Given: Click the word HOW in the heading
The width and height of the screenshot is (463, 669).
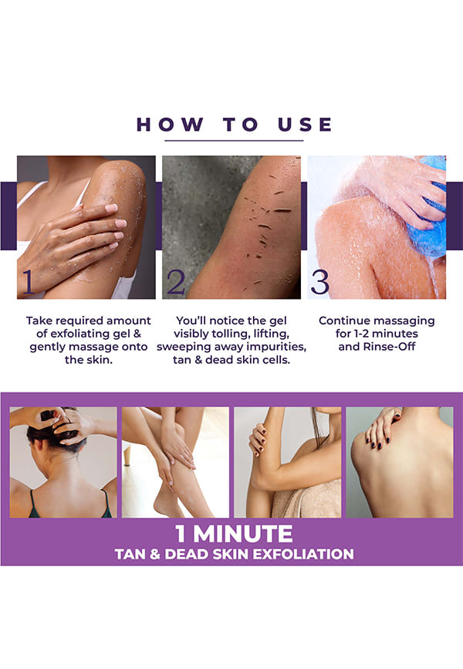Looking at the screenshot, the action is pyautogui.click(x=170, y=124).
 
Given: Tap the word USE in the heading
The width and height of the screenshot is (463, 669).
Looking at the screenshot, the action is pyautogui.click(x=304, y=124).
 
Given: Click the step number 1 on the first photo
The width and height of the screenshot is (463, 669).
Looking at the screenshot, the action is pyautogui.click(x=28, y=282).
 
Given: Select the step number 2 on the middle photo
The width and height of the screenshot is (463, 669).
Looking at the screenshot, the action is pyautogui.click(x=176, y=282).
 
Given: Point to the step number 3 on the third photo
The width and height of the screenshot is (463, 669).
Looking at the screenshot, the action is pyautogui.click(x=319, y=282).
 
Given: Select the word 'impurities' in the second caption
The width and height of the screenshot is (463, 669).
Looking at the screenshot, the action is pyautogui.click(x=275, y=347).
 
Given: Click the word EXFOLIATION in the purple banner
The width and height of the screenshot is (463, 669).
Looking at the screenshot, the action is pyautogui.click(x=303, y=554).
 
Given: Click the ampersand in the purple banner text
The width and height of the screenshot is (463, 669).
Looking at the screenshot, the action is pyautogui.click(x=155, y=554).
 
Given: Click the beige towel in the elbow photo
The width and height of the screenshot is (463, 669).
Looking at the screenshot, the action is pyautogui.click(x=307, y=501).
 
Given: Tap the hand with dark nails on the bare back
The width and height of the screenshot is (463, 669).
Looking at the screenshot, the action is pyautogui.click(x=383, y=426).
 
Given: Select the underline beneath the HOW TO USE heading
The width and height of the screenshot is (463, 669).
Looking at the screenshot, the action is pyautogui.click(x=234, y=141).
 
